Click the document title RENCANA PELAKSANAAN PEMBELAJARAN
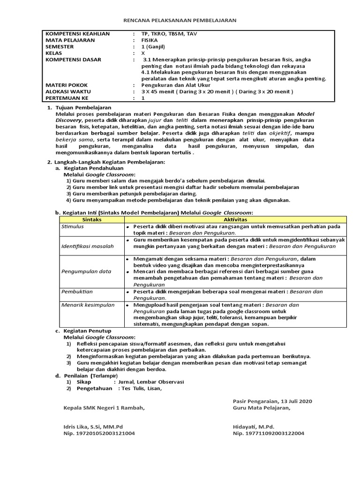click(180, 21)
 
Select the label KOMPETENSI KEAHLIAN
click(77, 34)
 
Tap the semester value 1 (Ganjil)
click(154, 47)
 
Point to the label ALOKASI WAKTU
click(68, 92)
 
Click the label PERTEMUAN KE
click(67, 98)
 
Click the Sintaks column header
click(91, 219)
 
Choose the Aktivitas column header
click(235, 219)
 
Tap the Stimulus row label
click(72, 226)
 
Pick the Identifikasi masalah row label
click(88, 246)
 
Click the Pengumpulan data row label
click(86, 271)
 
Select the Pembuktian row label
click(77, 292)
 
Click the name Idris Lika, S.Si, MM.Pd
click(93, 427)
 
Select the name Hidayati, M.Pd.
click(253, 427)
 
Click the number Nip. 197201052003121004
click(99, 434)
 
